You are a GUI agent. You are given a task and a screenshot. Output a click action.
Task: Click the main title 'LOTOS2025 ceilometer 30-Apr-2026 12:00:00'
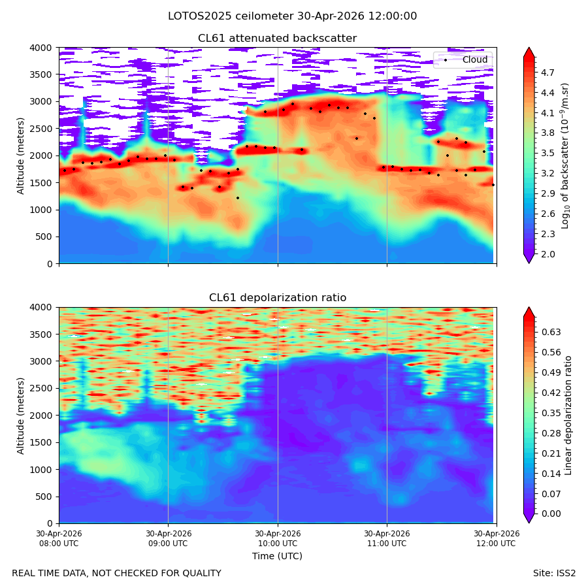pyautogui.click(x=292, y=16)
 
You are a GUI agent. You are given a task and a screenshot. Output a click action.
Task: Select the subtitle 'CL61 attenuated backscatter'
pyautogui.click(x=278, y=39)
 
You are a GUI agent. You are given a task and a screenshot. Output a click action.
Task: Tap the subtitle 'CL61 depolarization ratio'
pyautogui.click(x=278, y=298)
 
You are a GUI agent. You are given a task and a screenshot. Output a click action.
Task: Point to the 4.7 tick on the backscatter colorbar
pyautogui.click(x=547, y=73)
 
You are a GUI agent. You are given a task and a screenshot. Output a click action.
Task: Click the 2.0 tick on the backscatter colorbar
pyautogui.click(x=547, y=254)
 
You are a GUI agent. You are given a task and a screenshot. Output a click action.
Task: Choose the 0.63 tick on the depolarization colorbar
pyautogui.click(x=551, y=333)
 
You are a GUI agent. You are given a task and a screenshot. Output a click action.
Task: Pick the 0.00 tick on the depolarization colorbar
pyautogui.click(x=551, y=514)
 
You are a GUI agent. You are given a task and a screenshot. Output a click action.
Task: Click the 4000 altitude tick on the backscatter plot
pyautogui.click(x=41, y=48)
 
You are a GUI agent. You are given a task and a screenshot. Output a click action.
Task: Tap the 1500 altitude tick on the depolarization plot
pyautogui.click(x=41, y=442)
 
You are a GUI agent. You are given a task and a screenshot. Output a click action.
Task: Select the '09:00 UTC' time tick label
pyautogui.click(x=169, y=544)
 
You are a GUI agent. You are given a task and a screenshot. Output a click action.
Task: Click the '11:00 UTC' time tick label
pyautogui.click(x=387, y=544)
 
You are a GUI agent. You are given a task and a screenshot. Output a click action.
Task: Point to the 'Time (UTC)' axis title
pyautogui.click(x=277, y=556)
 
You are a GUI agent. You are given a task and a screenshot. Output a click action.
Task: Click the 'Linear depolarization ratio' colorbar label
pyautogui.click(x=568, y=416)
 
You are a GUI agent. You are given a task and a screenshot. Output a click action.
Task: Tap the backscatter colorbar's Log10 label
pyautogui.click(x=565, y=156)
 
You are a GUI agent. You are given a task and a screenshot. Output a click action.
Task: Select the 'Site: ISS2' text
pyautogui.click(x=554, y=574)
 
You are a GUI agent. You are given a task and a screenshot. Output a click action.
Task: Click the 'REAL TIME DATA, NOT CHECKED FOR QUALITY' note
pyautogui.click(x=117, y=574)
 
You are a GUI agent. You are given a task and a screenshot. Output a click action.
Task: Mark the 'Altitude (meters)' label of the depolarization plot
pyautogui.click(x=20, y=416)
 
